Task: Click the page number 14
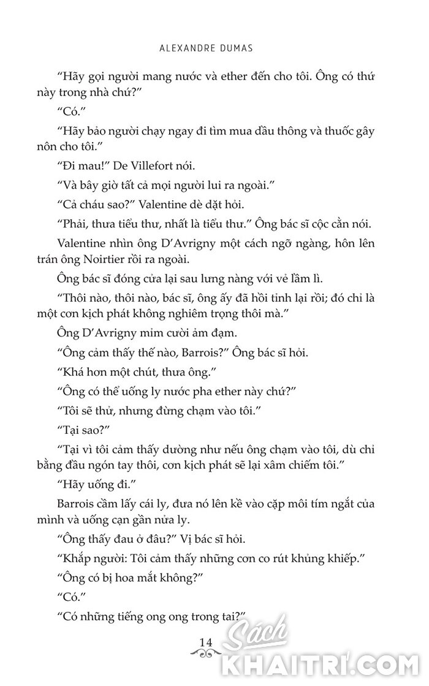[205, 641]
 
